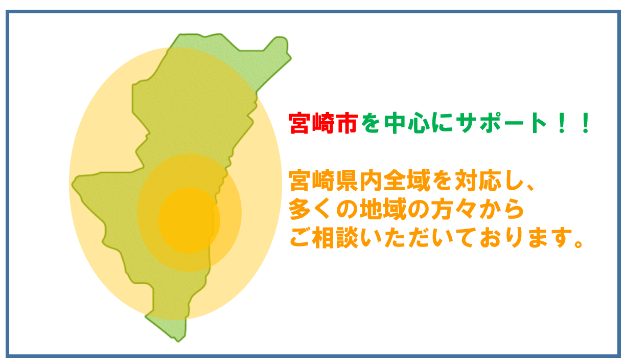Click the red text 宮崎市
point(323,123)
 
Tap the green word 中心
point(407,123)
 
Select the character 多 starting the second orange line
point(300,209)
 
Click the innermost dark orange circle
point(189,220)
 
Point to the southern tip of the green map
point(177,341)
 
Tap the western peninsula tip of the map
point(73,184)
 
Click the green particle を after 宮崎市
point(371,123)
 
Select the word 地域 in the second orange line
point(383,209)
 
